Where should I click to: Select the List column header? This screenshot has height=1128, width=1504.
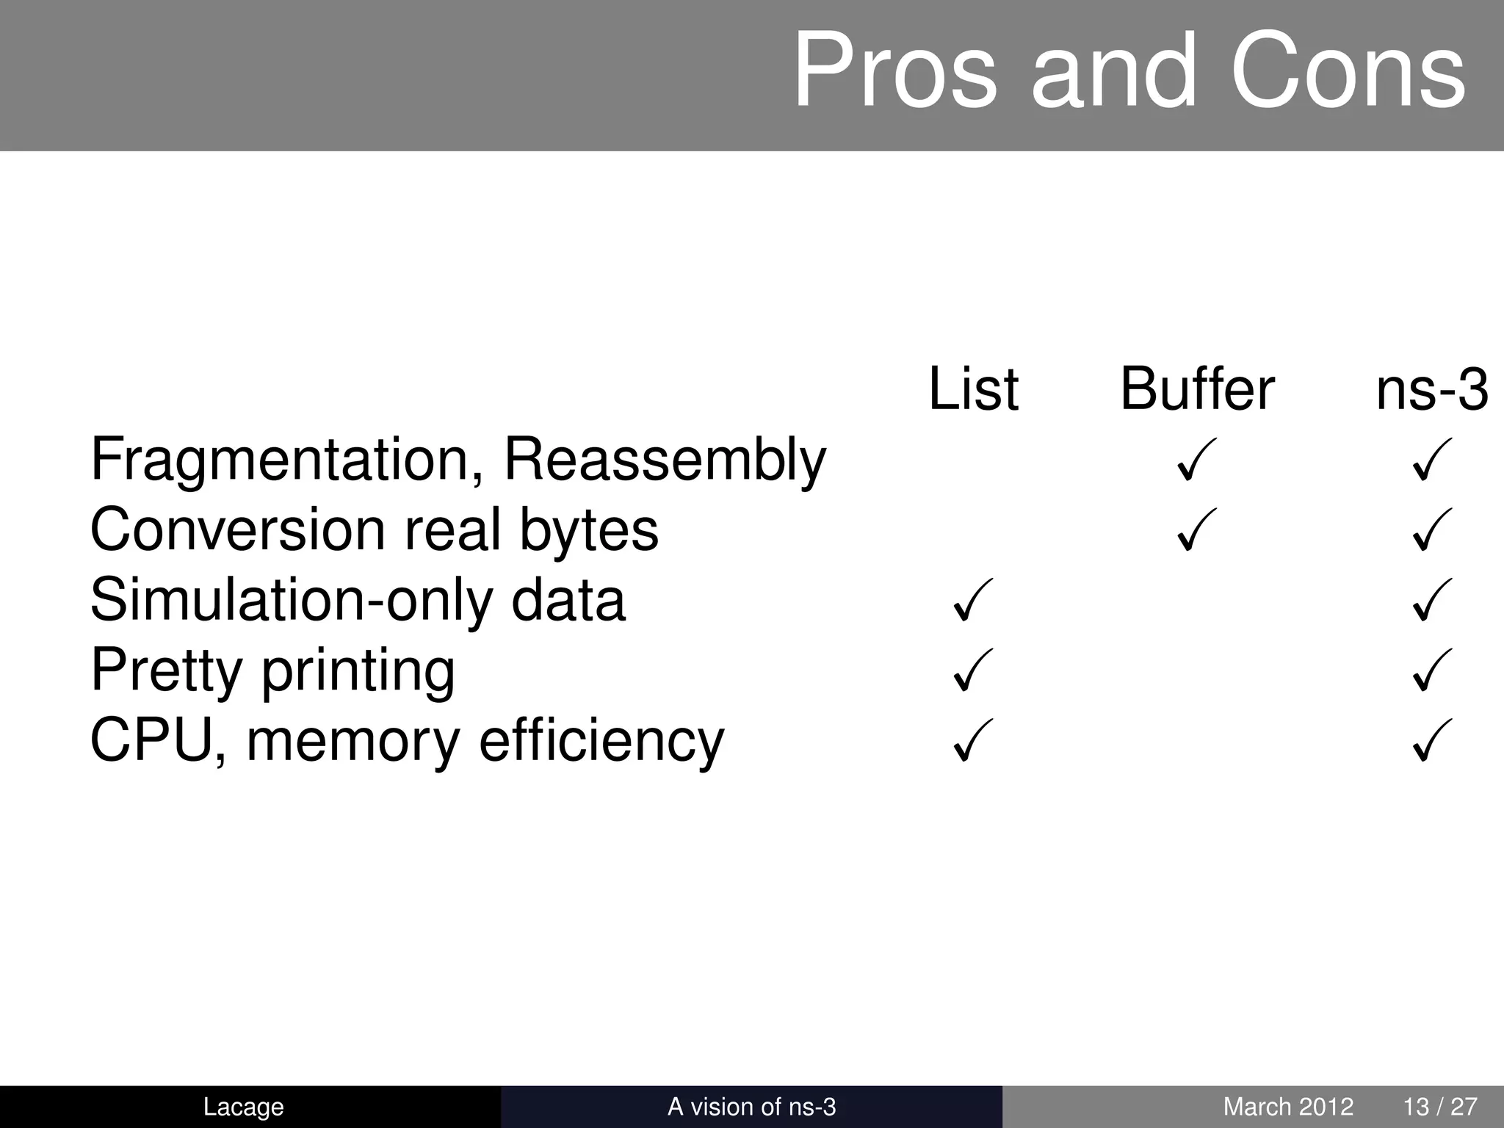pyautogui.click(x=973, y=388)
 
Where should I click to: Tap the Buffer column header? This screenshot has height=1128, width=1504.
pyautogui.click(x=1197, y=388)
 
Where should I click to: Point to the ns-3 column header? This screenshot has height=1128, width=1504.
pyautogui.click(x=1431, y=388)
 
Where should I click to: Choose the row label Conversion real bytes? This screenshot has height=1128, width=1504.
pyautogui.click(x=374, y=529)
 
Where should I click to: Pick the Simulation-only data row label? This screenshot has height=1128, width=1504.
pyautogui.click(x=358, y=600)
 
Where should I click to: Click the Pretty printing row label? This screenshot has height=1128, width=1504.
pyautogui.click(x=272, y=670)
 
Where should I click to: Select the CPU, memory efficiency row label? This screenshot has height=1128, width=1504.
pyautogui.click(x=407, y=740)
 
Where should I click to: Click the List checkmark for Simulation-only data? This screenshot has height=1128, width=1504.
pyautogui.click(x=972, y=600)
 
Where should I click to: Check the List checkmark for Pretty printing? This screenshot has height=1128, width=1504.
pyautogui.click(x=972, y=670)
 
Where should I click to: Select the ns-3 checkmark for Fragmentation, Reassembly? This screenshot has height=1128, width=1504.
pyautogui.click(x=1432, y=460)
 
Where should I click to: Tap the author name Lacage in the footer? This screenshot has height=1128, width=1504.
pyautogui.click(x=243, y=1107)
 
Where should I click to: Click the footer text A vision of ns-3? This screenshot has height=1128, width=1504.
pyautogui.click(x=751, y=1107)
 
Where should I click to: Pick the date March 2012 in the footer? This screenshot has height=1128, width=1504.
pyautogui.click(x=1288, y=1107)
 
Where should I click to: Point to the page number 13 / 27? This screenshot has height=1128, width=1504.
pyautogui.click(x=1440, y=1107)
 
